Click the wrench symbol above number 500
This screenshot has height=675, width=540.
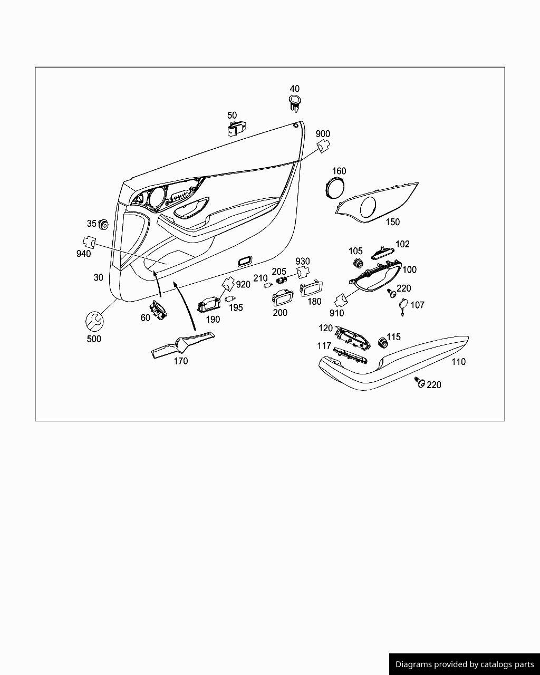click(x=94, y=321)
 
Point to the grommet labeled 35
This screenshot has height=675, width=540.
click(x=103, y=225)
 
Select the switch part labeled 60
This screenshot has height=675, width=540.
click(x=157, y=310)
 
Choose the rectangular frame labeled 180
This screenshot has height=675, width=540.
click(x=312, y=290)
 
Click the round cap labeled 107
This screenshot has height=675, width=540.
click(x=403, y=305)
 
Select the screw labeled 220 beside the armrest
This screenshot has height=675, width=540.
click(x=420, y=382)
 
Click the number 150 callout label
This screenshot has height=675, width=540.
click(x=393, y=222)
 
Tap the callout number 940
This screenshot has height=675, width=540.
click(x=83, y=254)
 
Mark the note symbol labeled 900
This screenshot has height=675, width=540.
click(x=322, y=146)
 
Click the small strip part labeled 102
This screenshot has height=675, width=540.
click(x=383, y=253)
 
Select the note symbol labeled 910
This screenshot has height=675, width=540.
click(x=340, y=300)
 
